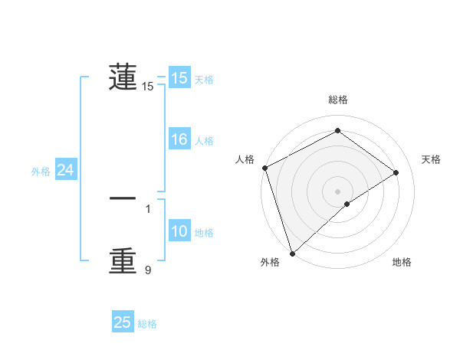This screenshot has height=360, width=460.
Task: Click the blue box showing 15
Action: pos(179,78)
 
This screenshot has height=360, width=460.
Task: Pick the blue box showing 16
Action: pos(179,139)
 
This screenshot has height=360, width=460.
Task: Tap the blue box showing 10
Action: pos(179,232)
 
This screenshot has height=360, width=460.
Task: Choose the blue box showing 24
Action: pos(66,170)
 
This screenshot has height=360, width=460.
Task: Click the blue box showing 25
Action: pos(123,322)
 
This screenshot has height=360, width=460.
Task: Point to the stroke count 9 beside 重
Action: pos(148,269)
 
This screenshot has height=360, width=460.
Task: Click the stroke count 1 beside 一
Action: pos(148,208)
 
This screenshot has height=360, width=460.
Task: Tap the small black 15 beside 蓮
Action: pos(148,87)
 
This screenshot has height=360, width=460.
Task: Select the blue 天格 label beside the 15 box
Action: pos(204,80)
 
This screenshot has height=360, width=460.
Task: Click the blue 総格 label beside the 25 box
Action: pos(147,324)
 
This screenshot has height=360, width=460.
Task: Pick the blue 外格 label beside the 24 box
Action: pos(41,172)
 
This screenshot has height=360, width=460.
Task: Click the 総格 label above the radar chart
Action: pos(337,100)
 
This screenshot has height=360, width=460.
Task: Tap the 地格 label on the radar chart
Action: pos(402,263)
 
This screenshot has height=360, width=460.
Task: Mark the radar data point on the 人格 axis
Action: pos(264,168)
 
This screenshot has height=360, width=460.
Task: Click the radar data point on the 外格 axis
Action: pos(292,253)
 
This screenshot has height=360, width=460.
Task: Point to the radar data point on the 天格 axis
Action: pos(396,172)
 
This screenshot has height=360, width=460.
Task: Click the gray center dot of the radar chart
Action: pos(337,191)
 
